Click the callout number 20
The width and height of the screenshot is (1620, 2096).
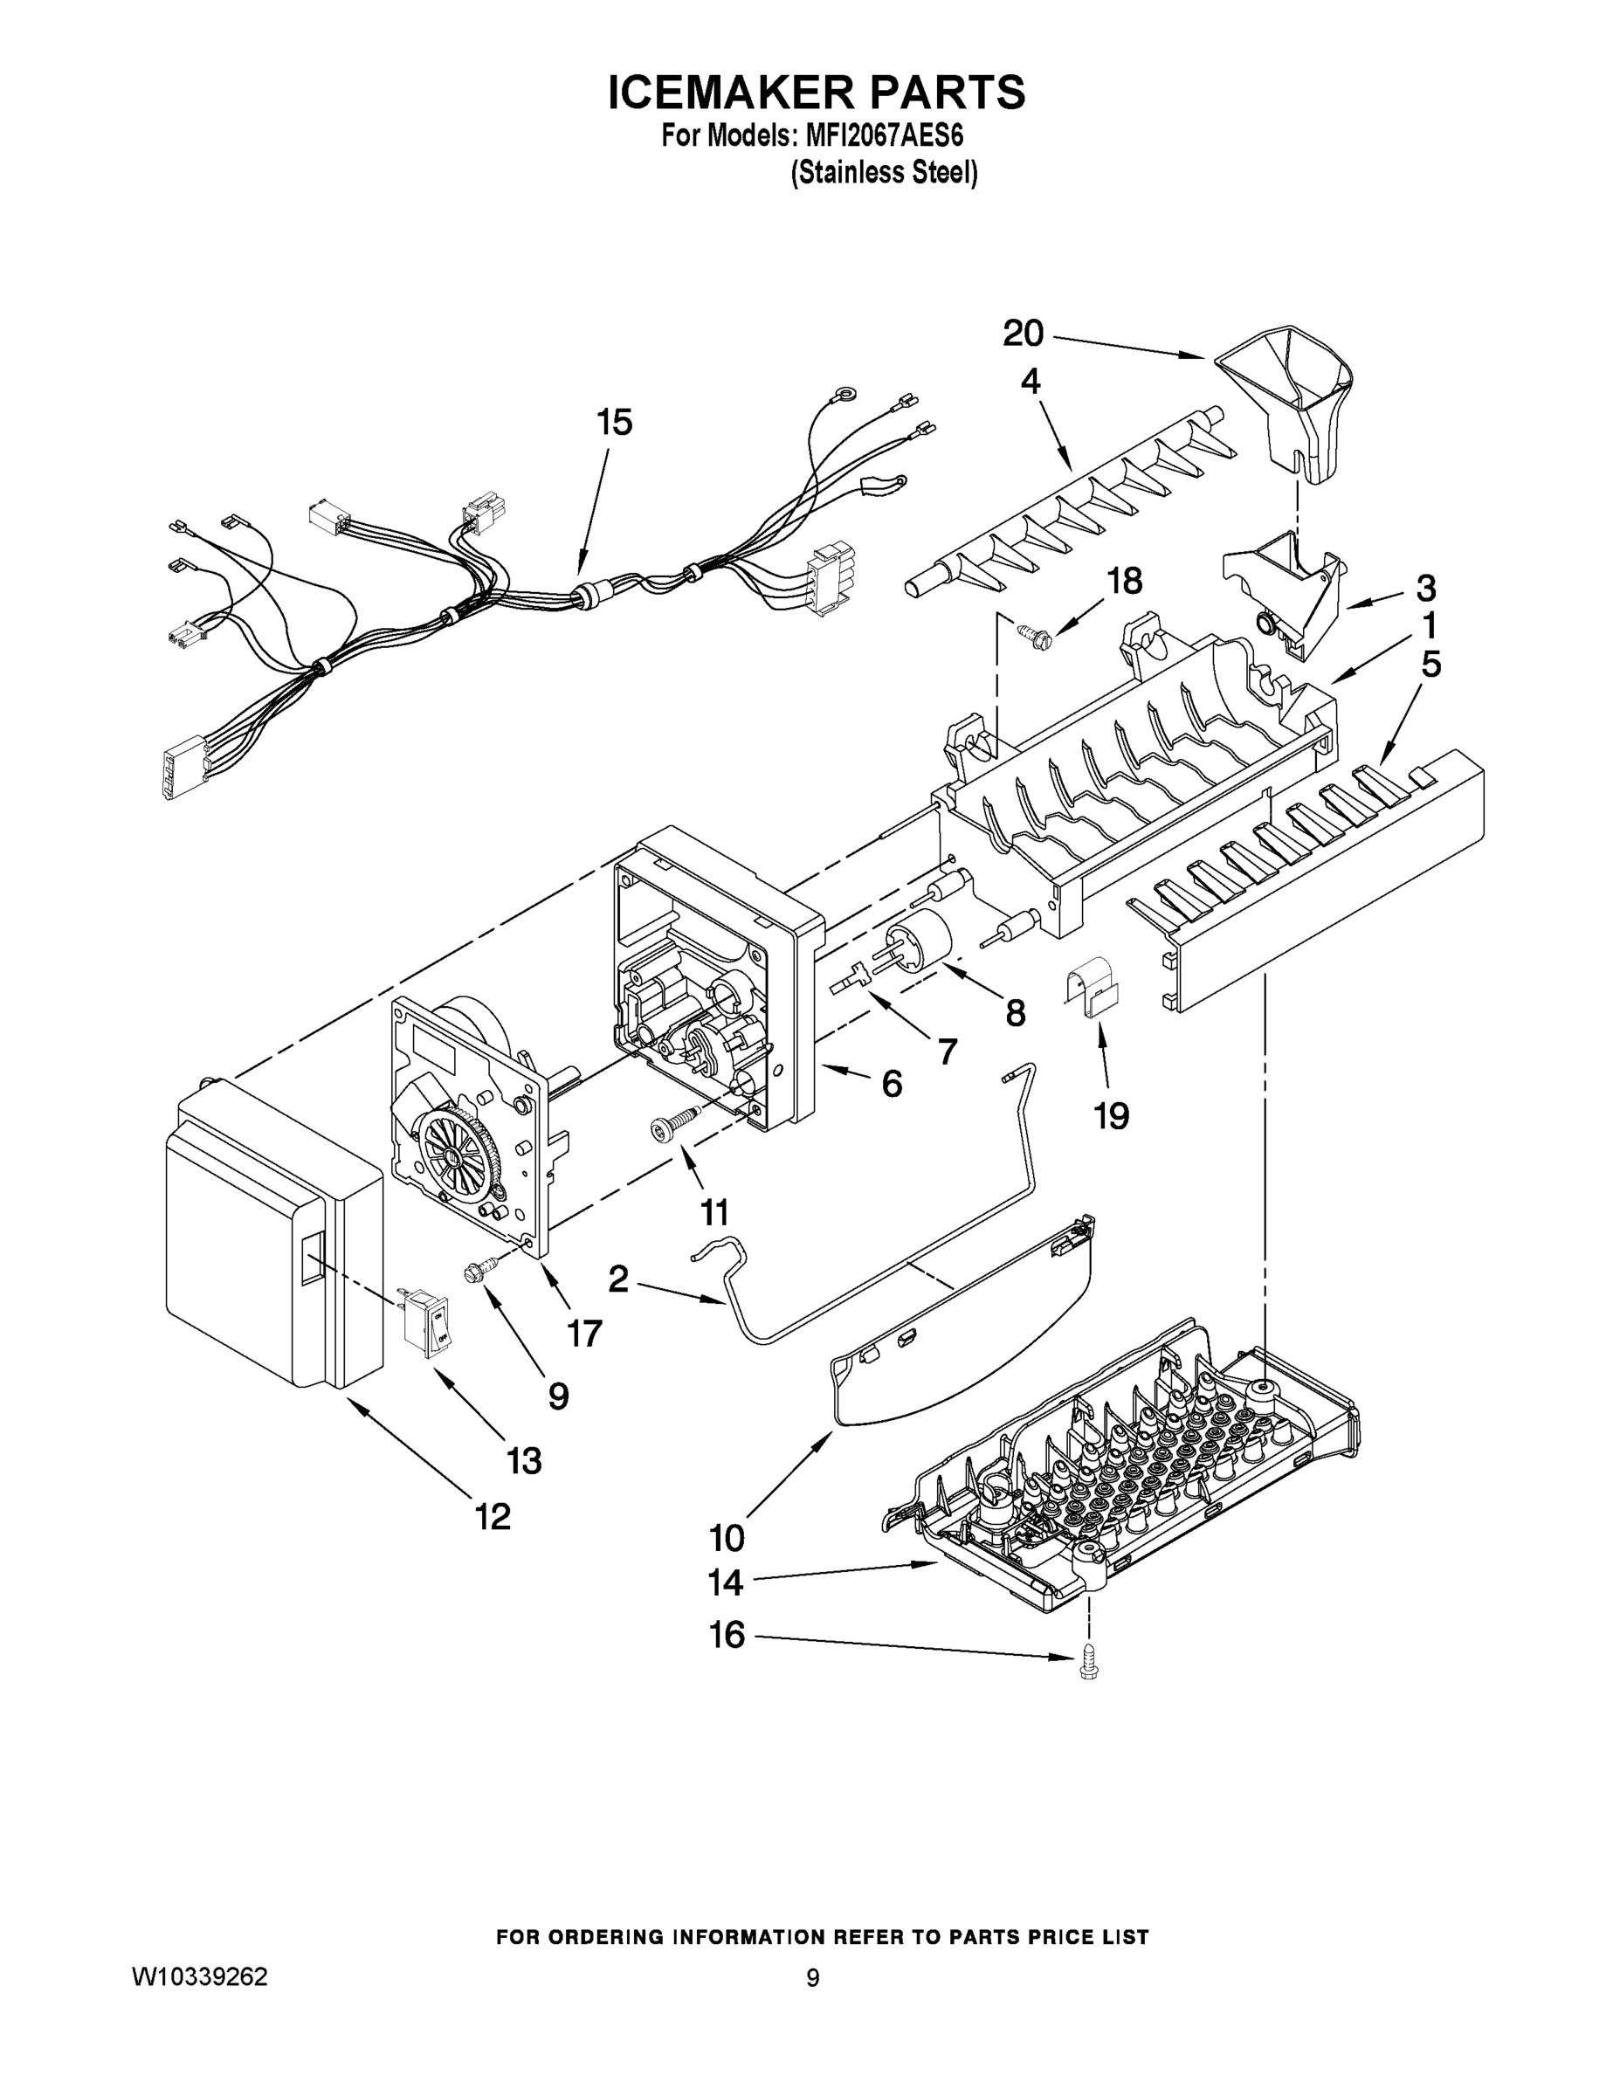click(x=1023, y=334)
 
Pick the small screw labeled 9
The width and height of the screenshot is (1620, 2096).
click(x=477, y=1272)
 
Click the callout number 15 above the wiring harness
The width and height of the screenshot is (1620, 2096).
click(x=614, y=423)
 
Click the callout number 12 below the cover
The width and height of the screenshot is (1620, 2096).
click(x=493, y=1516)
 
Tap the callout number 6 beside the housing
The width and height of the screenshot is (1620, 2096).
click(x=892, y=1084)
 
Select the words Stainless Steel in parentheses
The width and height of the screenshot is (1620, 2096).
click(x=883, y=173)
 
